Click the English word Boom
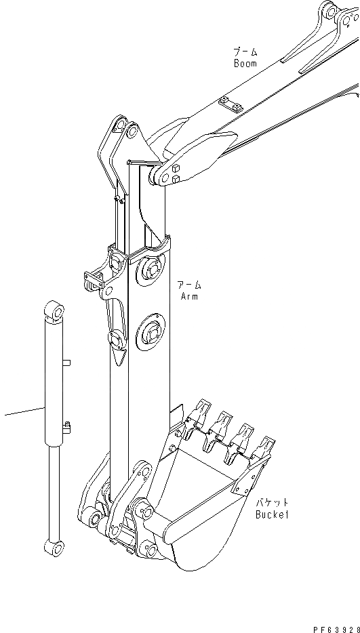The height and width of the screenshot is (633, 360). pyautogui.click(x=245, y=64)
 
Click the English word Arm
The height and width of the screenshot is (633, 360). pyautogui.click(x=189, y=296)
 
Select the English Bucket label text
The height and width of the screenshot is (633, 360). pyautogui.click(x=273, y=515)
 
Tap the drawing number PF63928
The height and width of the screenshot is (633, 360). pyautogui.click(x=336, y=629)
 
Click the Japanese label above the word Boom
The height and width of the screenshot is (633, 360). pyautogui.click(x=245, y=52)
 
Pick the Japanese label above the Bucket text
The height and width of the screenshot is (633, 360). pyautogui.click(x=272, y=503)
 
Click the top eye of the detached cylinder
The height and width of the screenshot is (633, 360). pyautogui.click(x=54, y=311)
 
